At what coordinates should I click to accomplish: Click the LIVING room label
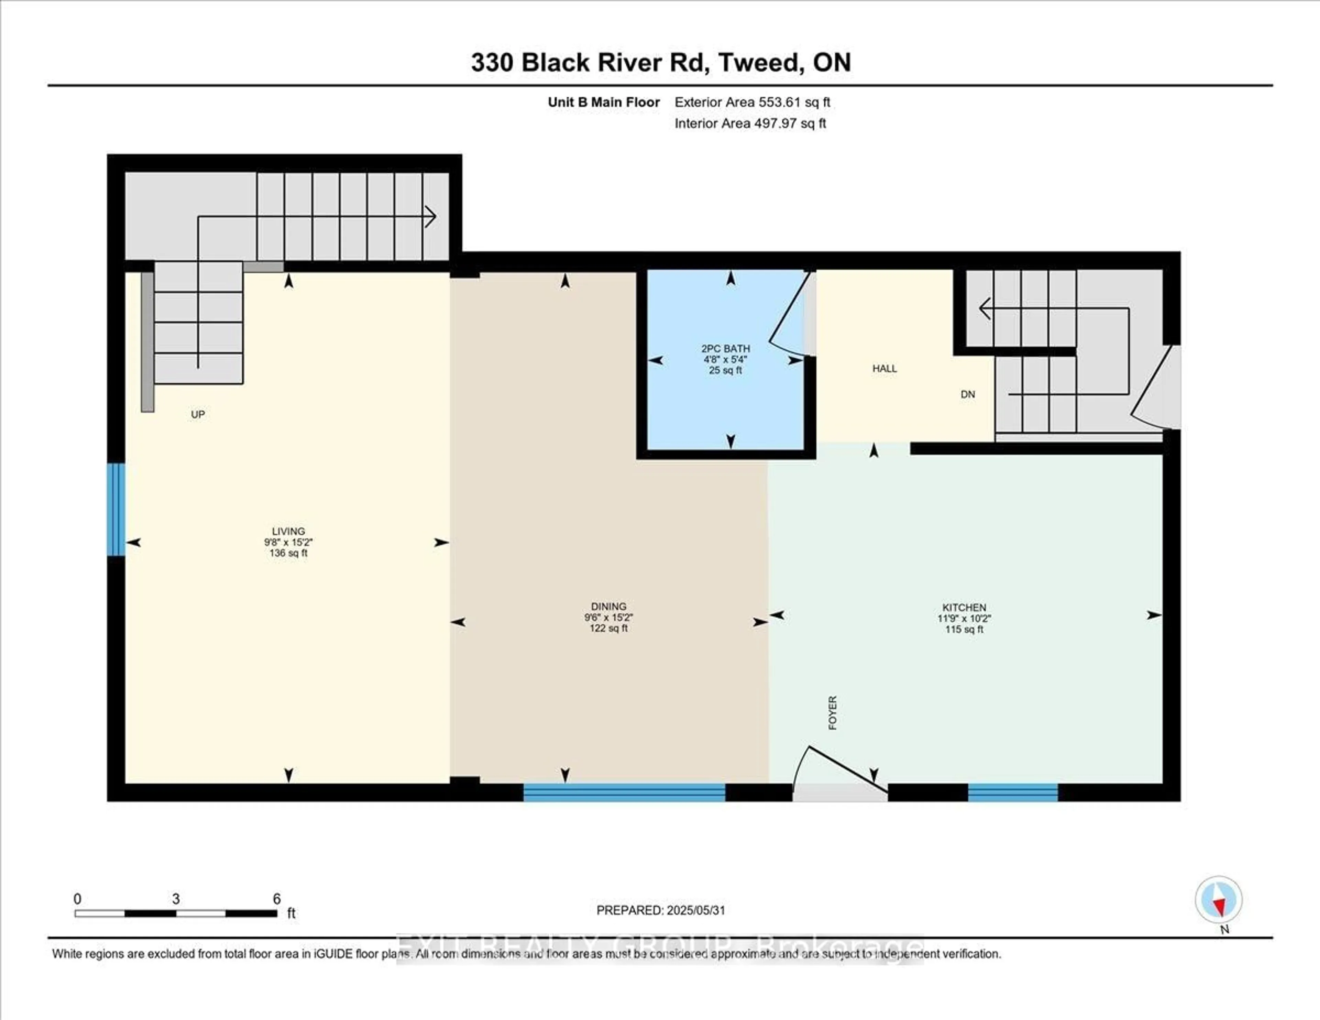pyautogui.click(x=288, y=531)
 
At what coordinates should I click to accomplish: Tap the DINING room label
pyautogui.click(x=609, y=606)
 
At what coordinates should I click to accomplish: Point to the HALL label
pyautogui.click(x=884, y=368)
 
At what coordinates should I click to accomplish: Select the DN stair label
pyautogui.click(x=968, y=394)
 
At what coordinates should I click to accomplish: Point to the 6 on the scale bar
pyautogui.click(x=277, y=899)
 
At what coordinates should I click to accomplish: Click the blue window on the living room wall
pyautogui.click(x=116, y=509)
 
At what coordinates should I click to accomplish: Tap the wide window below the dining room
pyautogui.click(x=624, y=792)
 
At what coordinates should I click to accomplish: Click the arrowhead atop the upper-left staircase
pyautogui.click(x=430, y=216)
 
